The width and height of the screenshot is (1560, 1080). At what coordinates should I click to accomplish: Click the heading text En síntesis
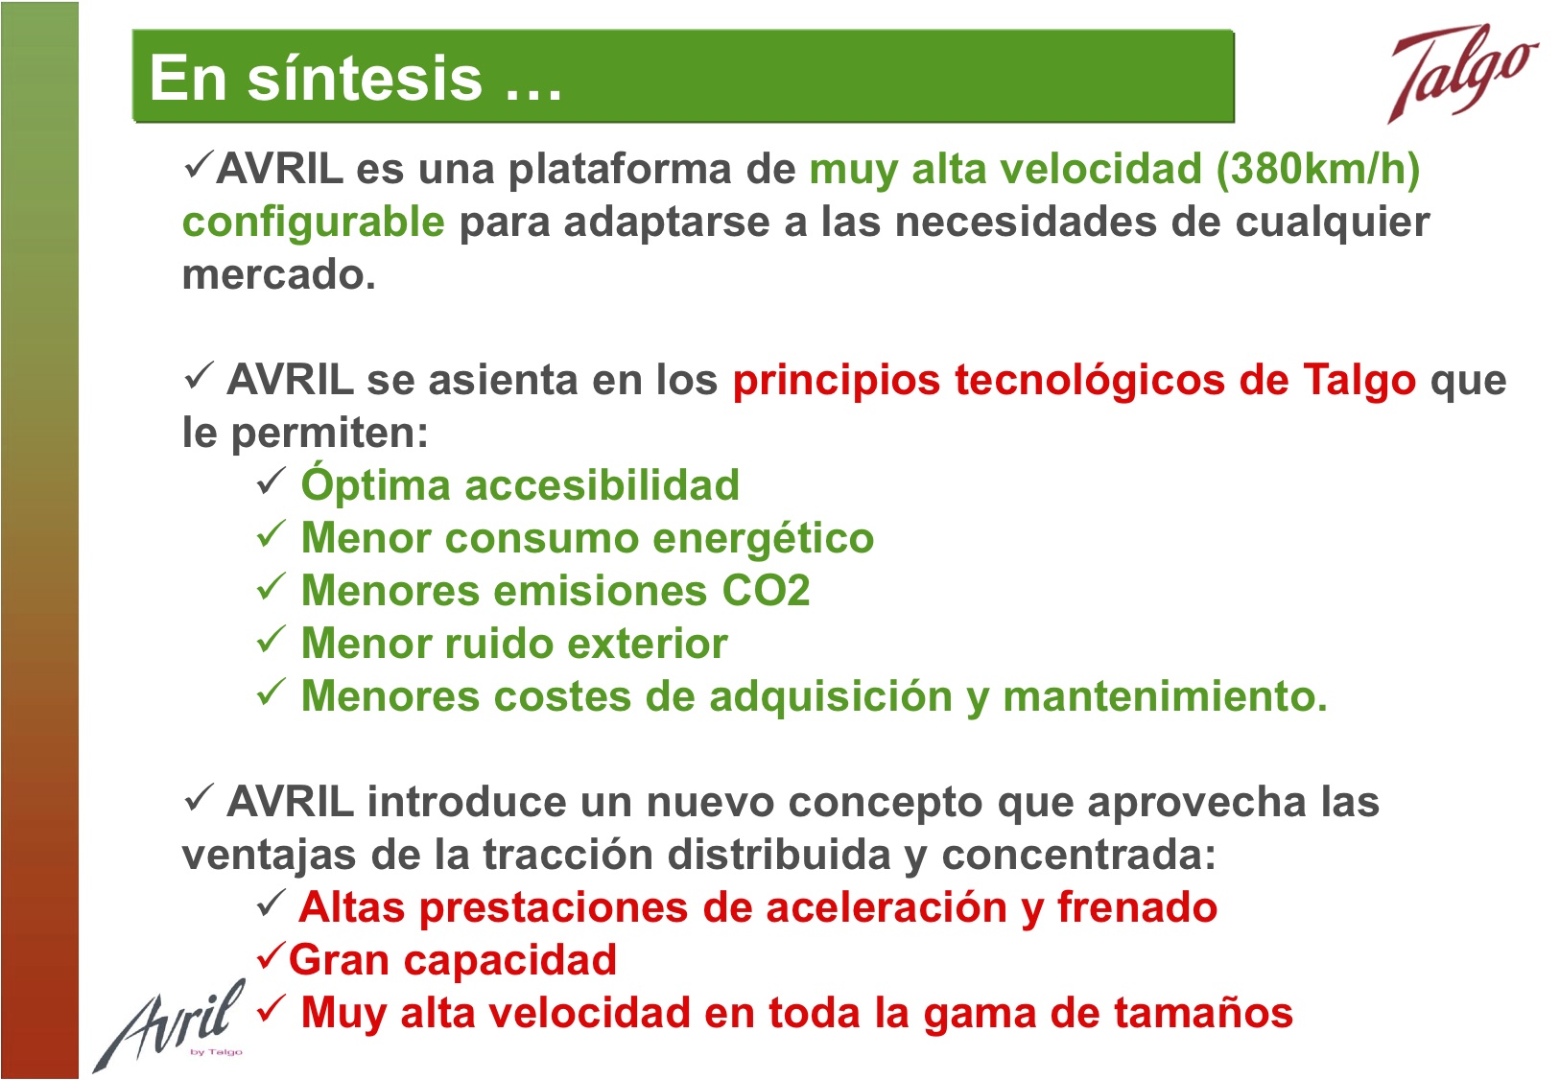[x=317, y=78]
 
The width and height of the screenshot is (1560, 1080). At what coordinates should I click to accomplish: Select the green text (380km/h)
[x=1317, y=169]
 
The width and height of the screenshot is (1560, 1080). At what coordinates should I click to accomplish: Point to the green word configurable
[x=314, y=223]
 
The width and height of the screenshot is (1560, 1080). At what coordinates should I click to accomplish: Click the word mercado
[x=278, y=274]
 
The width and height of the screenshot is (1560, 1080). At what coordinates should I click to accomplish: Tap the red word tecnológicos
[x=1089, y=382]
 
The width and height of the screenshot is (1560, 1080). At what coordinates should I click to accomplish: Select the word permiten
[x=329, y=434]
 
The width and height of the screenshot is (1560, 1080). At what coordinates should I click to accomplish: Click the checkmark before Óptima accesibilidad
[x=271, y=481]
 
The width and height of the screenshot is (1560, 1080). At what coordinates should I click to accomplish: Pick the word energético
[x=764, y=539]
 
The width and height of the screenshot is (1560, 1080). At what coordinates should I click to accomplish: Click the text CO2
[x=766, y=591]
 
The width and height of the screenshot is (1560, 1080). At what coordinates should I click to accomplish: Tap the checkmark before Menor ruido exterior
[x=271, y=638]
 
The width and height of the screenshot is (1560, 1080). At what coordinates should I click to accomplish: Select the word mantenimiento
[x=1165, y=696]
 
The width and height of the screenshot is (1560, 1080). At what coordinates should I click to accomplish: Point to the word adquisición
[x=831, y=697]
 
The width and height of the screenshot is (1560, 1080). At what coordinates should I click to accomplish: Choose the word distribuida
[x=779, y=855]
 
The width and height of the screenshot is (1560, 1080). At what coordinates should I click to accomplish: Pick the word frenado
[x=1137, y=908]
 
